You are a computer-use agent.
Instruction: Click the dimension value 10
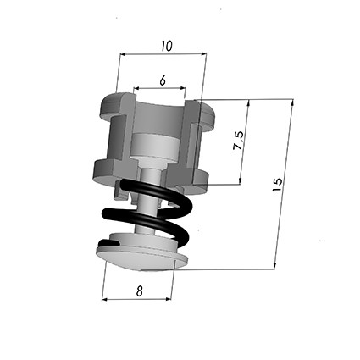point(167,47)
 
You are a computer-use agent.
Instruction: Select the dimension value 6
point(163,80)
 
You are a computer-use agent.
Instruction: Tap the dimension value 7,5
point(239,141)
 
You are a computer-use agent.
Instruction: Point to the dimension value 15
point(278,185)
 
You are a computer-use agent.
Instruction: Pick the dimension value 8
point(139,291)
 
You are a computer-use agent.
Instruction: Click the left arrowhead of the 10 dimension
point(123,54)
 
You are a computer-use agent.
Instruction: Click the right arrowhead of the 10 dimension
point(203,53)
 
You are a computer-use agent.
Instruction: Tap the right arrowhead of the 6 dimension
point(183,88)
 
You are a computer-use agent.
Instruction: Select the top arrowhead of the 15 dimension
point(292,102)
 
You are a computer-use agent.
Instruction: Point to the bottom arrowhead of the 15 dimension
point(274,266)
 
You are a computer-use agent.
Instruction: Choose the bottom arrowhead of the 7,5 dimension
point(241,181)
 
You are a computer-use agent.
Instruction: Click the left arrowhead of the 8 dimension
point(105,299)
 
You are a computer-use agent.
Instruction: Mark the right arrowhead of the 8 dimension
point(168,299)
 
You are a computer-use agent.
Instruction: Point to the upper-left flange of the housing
point(113,106)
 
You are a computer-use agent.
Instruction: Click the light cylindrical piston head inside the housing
point(154,147)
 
